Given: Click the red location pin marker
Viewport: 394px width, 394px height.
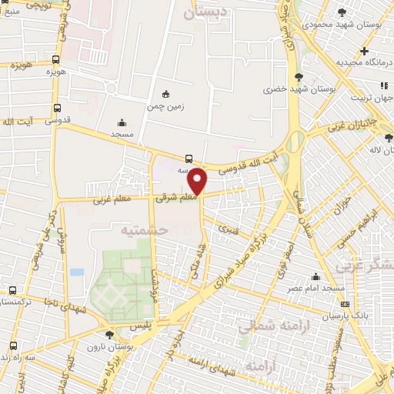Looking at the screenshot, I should click(x=198, y=182).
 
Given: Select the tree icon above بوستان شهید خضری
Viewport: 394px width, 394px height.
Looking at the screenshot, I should click(x=298, y=76).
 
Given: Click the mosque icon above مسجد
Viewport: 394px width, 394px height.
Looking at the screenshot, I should click(x=122, y=122).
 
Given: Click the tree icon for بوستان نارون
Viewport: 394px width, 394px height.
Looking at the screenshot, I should click(x=109, y=335).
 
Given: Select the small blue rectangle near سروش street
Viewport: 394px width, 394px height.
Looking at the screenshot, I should click(x=76, y=272).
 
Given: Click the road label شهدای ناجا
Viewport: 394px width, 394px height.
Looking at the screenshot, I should click(x=64, y=308).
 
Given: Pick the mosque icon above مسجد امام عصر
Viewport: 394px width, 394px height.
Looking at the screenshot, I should click(x=316, y=276).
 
